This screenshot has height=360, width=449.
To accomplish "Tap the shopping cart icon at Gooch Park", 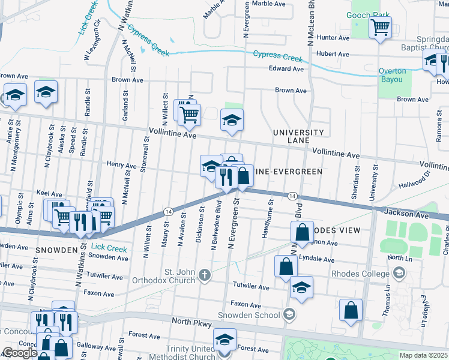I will (x=380, y=27).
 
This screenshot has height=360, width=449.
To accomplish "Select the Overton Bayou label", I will (x=392, y=75).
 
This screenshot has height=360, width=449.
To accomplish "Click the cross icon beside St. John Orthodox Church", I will (x=205, y=275).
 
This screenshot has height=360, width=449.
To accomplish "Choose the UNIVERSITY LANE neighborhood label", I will (x=298, y=136).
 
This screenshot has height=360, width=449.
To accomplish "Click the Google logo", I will (x=20, y=353).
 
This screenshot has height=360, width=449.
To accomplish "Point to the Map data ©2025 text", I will (x=423, y=355).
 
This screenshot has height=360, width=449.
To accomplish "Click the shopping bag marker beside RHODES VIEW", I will (x=303, y=232).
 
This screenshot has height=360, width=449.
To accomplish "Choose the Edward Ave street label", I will (x=286, y=69).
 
